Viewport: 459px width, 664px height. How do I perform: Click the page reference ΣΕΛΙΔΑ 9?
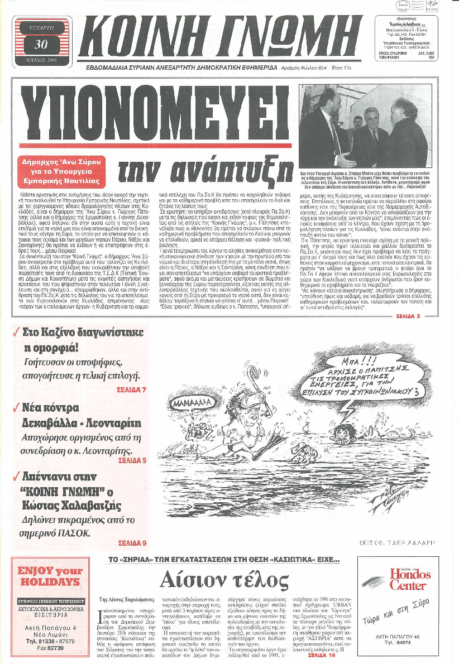[132, 542]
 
